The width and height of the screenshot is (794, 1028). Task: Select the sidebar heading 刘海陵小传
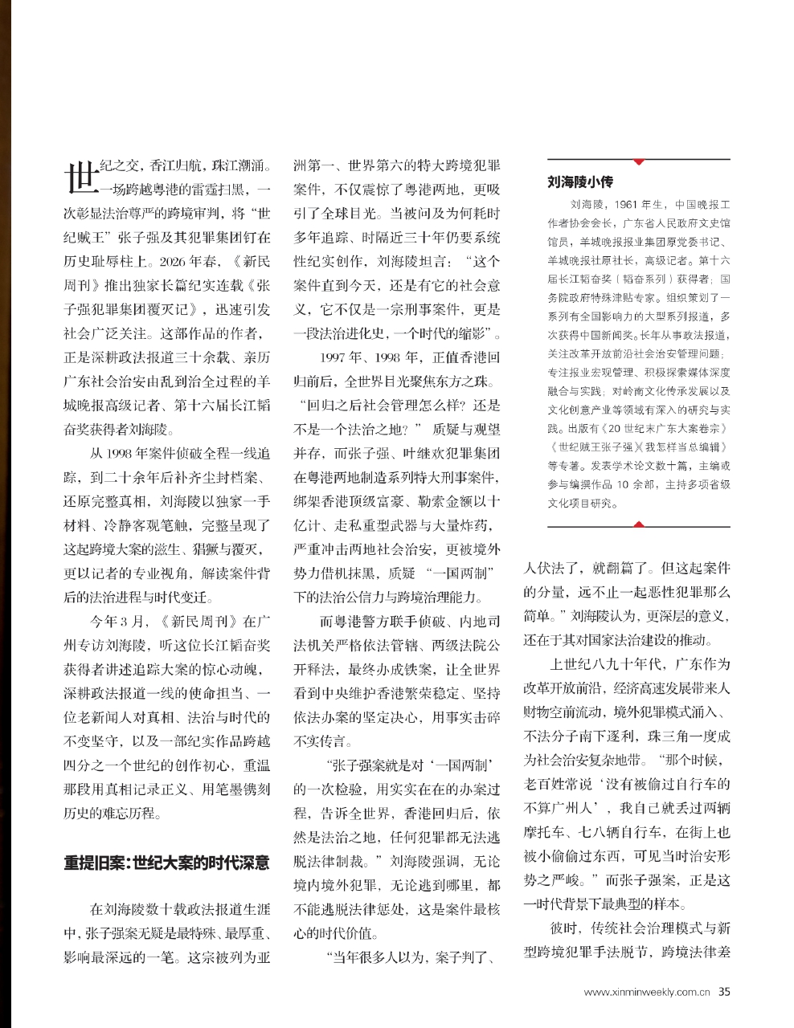coord(579,182)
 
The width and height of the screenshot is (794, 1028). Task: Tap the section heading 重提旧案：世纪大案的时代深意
coord(167,863)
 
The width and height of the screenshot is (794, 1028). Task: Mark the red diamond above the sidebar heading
coord(639,161)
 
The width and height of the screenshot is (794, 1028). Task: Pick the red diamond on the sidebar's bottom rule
coord(639,525)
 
